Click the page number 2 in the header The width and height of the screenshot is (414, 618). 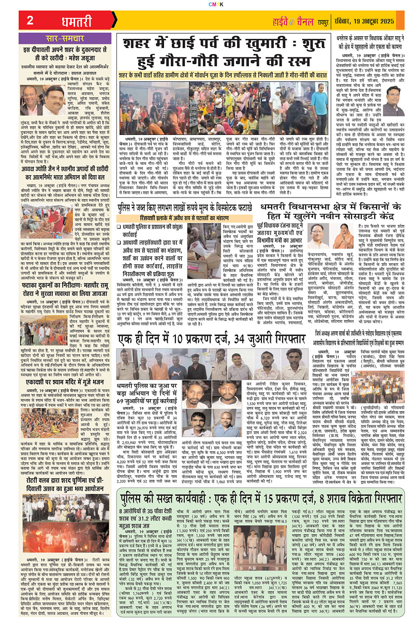pos(30,20)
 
